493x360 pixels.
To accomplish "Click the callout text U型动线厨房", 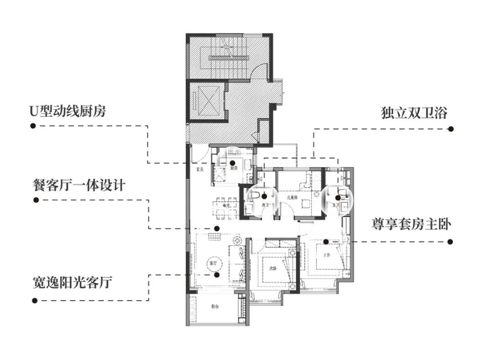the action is (69, 111).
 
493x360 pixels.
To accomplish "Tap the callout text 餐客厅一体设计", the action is (79, 186).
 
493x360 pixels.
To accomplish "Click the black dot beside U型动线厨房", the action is (32, 127).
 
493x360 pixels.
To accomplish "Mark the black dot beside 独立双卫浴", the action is (451, 129).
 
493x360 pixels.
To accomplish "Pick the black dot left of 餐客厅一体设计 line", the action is (32, 201).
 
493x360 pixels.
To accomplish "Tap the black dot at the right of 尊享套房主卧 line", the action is (451, 241).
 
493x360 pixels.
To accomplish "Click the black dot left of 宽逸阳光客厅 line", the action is (32, 301).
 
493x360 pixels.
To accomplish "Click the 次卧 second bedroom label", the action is (273, 268).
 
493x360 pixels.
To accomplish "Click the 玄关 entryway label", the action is (199, 170).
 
